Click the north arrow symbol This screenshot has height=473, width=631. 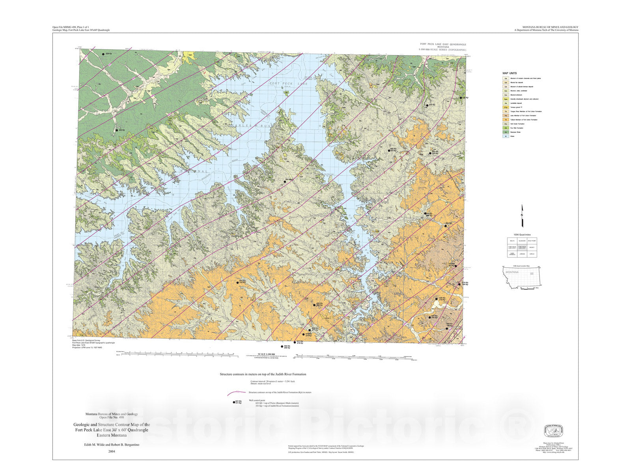tap(523, 216)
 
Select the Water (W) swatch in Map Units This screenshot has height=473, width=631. tap(506, 136)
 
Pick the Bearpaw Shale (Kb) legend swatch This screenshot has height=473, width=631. tap(506, 132)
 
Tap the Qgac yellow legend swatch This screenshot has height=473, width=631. tap(506, 99)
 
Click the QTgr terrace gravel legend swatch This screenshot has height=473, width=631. tap(506, 107)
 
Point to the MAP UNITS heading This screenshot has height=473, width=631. tap(510, 73)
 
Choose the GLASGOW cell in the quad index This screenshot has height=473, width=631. tap(522, 241)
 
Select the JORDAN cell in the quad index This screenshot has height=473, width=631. tap(522, 254)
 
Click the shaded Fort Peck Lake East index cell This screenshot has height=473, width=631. tap(522, 248)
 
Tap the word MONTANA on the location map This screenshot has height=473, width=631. tap(512, 272)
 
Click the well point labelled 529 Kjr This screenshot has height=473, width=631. tap(103, 54)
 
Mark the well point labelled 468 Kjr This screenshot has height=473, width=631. tap(116, 130)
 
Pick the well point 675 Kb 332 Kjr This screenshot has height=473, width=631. tap(237, 282)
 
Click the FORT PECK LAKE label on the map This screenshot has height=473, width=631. tap(282, 84)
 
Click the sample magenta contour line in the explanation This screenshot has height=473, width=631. tap(237, 393)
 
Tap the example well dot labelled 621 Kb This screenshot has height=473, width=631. tap(233, 402)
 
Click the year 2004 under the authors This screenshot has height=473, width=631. tap(111, 451)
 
